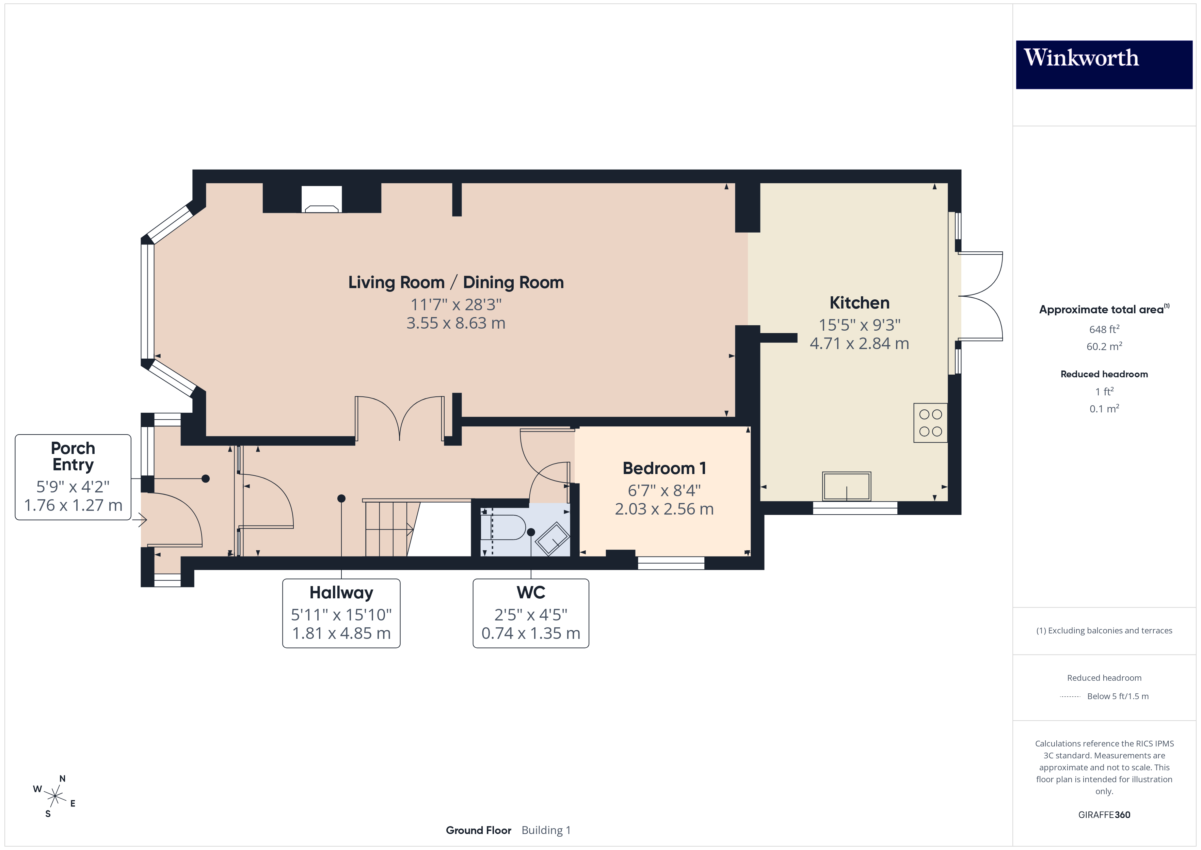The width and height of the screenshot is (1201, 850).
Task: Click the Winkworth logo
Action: coord(1104,64)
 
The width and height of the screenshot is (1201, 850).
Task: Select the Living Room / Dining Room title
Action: coord(455,283)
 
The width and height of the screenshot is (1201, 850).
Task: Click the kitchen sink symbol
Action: coord(846,486)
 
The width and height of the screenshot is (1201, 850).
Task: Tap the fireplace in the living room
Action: coord(322,200)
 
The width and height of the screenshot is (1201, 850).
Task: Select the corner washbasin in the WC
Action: coord(553,539)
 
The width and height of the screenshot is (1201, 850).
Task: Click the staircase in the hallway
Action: coord(390,529)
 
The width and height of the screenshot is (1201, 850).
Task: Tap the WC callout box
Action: coord(530,613)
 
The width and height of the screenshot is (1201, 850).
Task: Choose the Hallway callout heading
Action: coord(341,593)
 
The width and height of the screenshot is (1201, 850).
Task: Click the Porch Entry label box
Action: coord(73,477)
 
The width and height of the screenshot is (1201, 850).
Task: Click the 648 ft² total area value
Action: coord(1104,329)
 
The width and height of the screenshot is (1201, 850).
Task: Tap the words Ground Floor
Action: coord(478,831)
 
